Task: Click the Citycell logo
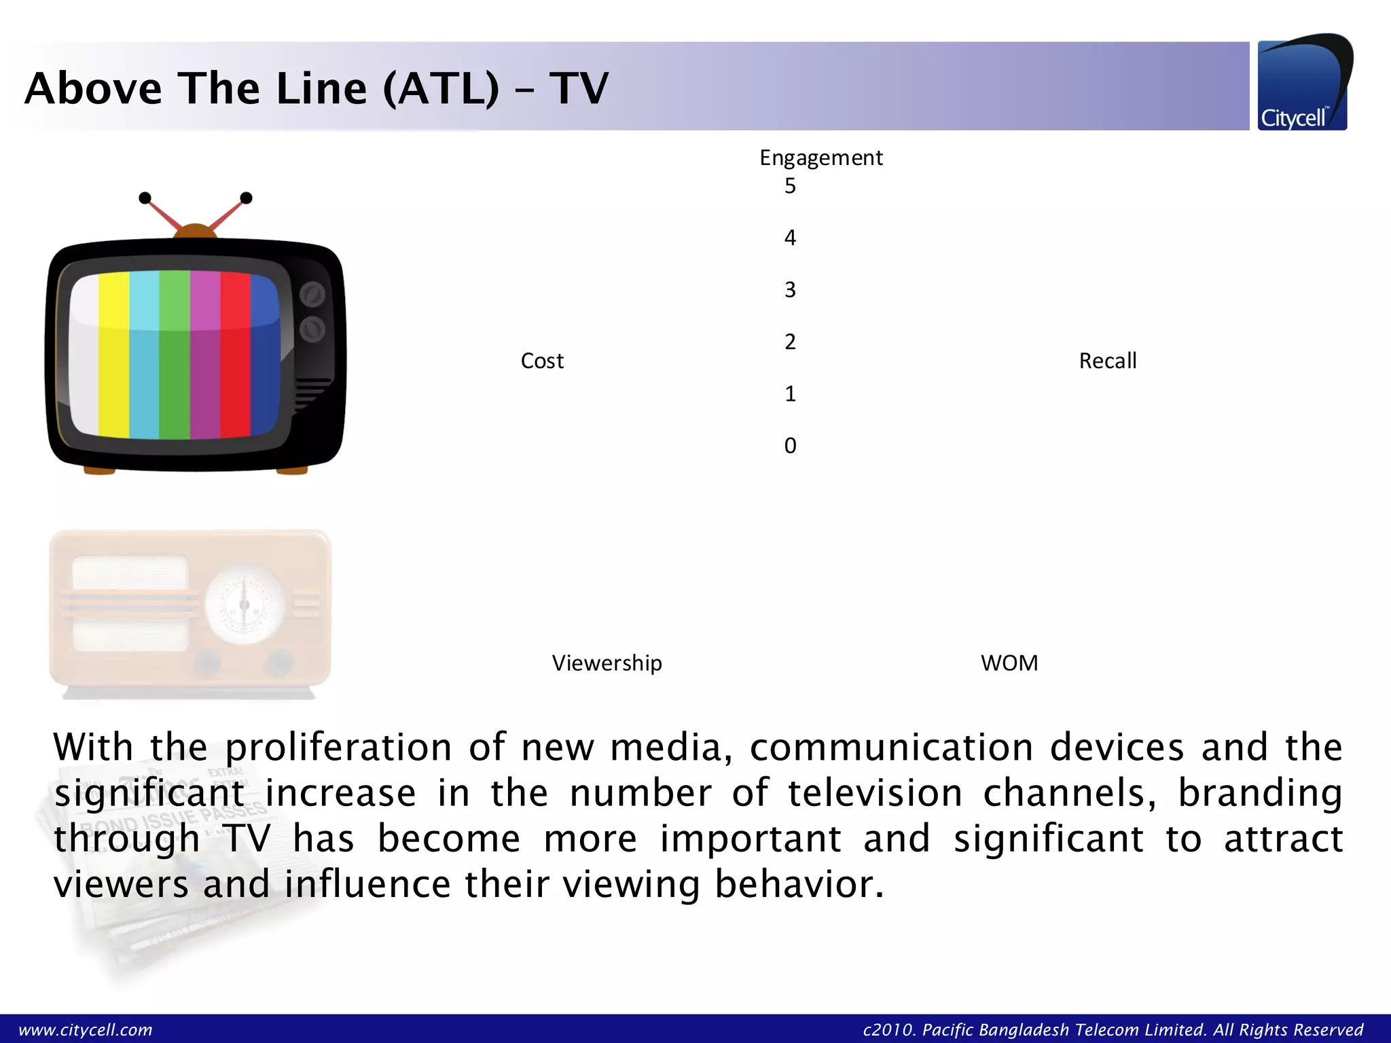click(1303, 84)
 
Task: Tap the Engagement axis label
click(820, 158)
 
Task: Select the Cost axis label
click(542, 361)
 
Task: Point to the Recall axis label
click(1107, 361)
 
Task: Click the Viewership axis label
click(607, 663)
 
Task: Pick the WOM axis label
click(1009, 663)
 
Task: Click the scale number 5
click(790, 186)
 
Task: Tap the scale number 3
click(790, 290)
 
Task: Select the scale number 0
click(790, 445)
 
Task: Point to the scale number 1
click(790, 394)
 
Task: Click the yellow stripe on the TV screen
click(114, 353)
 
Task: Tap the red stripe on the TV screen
click(236, 353)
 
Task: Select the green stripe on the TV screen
click(175, 353)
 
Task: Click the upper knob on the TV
click(312, 295)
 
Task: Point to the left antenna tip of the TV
click(145, 198)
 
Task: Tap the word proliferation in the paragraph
click(338, 748)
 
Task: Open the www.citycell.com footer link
click(86, 1029)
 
